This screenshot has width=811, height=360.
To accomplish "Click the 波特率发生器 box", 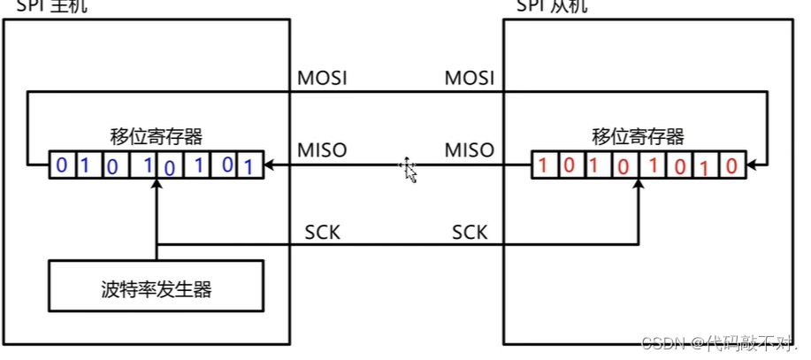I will [157, 287].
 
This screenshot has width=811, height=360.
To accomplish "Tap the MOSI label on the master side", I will [322, 78].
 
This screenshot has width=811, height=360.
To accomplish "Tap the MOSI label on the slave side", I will [469, 78].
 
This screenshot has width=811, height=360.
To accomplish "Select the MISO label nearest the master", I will [322, 150].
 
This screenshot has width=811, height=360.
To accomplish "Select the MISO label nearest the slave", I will [469, 150].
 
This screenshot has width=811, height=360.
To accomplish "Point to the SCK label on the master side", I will [322, 233].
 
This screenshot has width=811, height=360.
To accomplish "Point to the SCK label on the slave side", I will [469, 233].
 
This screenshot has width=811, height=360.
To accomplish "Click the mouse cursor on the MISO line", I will [409, 169].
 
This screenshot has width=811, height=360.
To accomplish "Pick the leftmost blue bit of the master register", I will [61, 165].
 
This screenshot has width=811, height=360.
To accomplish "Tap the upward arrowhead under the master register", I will [156, 184].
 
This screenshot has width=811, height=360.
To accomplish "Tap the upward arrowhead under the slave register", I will [638, 184].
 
